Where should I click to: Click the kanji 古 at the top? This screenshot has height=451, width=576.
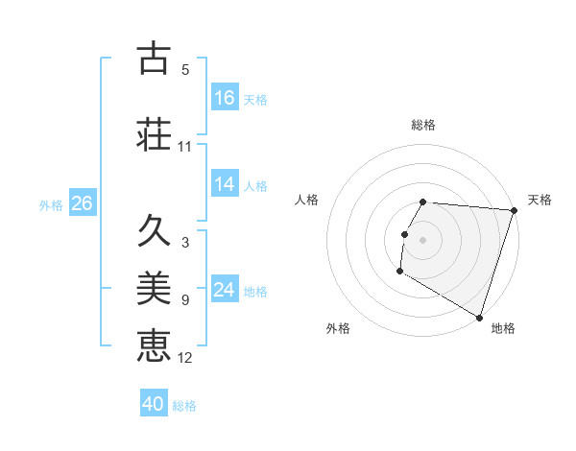[154, 59]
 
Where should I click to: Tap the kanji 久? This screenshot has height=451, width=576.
[154, 231]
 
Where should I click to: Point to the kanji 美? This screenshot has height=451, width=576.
[154, 287]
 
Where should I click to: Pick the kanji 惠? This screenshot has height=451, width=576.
[154, 344]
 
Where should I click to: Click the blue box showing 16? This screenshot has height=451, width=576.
[225, 98]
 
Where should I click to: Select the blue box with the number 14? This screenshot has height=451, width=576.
[225, 185]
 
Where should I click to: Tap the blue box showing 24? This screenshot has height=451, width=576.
[225, 290]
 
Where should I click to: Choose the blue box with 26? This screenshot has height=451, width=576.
[82, 203]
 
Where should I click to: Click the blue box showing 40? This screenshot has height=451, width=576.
[154, 405]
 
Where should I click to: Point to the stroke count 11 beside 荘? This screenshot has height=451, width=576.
[185, 147]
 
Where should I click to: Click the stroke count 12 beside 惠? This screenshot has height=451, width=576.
[185, 358]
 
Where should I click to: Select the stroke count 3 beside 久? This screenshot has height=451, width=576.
[185, 243]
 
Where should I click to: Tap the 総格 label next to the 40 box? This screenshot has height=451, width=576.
[184, 406]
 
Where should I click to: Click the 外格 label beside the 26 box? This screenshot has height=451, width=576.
[51, 204]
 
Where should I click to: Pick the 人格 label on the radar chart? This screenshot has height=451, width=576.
[307, 200]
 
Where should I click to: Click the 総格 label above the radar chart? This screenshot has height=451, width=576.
[423, 125]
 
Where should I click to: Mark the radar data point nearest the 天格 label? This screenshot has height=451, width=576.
[514, 210]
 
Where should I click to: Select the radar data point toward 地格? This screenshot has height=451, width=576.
[478, 316]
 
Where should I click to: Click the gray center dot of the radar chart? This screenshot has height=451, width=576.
[423, 240]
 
